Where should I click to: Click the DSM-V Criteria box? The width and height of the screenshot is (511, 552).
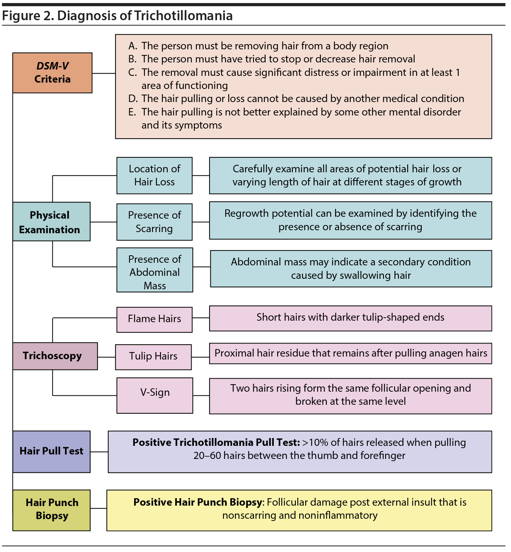tap(52, 73)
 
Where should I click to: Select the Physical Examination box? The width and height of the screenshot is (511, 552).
tap(51, 222)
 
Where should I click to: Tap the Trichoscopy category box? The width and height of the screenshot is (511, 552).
tap(55, 356)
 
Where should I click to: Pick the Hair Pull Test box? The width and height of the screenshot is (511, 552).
tap(51, 451)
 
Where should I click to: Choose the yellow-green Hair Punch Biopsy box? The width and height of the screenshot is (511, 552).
tap(51, 510)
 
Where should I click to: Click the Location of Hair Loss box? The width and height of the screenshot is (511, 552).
tap(154, 175)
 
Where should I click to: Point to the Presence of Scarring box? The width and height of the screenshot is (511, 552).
tap(154, 222)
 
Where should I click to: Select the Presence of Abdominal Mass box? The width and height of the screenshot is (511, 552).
tap(155, 269)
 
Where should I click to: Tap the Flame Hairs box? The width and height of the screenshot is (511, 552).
tap(154, 319)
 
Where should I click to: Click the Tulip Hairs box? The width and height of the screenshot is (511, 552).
tap(153, 357)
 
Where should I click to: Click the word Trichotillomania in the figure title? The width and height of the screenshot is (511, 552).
tap(183, 16)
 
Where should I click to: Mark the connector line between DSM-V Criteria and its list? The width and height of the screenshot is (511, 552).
tap(103, 73)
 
